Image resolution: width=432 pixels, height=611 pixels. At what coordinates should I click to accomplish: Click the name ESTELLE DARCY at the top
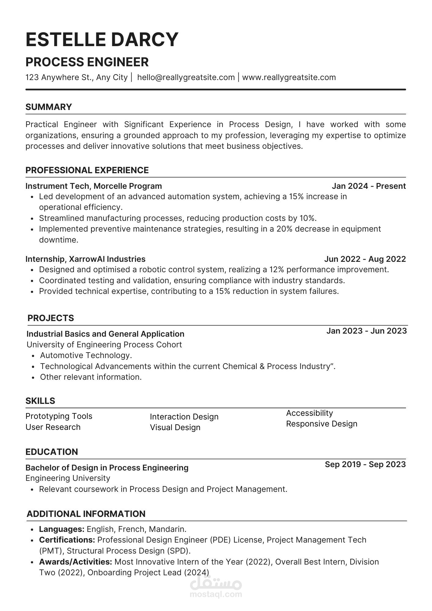[102, 39]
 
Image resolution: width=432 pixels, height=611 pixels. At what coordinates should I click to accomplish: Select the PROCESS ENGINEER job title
[87, 62]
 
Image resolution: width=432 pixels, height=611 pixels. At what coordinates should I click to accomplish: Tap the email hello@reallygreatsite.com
[186, 77]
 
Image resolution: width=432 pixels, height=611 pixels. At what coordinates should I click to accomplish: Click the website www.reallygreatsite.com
[289, 77]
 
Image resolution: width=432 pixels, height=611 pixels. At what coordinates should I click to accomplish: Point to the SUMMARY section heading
[49, 107]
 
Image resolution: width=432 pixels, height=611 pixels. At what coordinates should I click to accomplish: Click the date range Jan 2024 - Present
[369, 186]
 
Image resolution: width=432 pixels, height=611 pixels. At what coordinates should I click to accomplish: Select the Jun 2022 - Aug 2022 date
[365, 259]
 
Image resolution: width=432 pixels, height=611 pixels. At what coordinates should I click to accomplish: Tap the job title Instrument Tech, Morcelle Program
[93, 186]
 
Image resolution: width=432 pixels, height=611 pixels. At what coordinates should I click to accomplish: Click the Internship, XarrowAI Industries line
[85, 259]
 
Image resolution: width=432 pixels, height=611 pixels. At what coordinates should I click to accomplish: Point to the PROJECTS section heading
[51, 318]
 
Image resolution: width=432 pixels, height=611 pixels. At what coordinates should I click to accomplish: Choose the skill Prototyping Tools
[59, 416]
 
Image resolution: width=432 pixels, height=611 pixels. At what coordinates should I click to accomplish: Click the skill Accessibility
[309, 413]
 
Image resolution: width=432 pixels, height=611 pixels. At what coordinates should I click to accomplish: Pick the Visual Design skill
[175, 427]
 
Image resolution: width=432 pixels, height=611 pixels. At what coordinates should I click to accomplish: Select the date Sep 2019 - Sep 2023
[365, 464]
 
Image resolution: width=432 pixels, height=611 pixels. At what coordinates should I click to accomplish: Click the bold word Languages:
[62, 529]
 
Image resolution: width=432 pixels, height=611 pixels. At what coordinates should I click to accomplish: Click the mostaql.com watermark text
[216, 594]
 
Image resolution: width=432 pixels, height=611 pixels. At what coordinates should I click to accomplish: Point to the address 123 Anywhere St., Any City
[76, 77]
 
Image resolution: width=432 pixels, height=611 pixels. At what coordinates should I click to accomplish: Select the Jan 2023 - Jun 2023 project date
[366, 331]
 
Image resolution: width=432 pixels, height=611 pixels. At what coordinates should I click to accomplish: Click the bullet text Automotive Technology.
[86, 355]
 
